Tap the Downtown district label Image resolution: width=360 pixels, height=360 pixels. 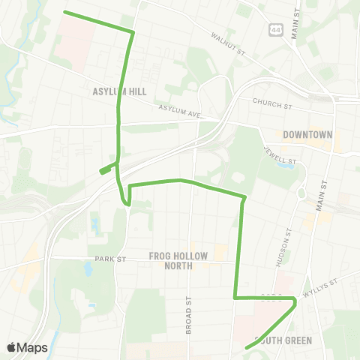(307, 135)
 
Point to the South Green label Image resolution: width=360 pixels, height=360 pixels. (283, 340)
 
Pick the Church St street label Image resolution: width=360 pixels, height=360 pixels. (271, 103)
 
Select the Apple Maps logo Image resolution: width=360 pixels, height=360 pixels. (27, 347)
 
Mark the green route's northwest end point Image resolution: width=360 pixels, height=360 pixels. (64, 12)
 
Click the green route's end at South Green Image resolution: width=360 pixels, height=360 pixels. (247, 347)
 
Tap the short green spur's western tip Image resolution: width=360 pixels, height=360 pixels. (101, 172)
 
